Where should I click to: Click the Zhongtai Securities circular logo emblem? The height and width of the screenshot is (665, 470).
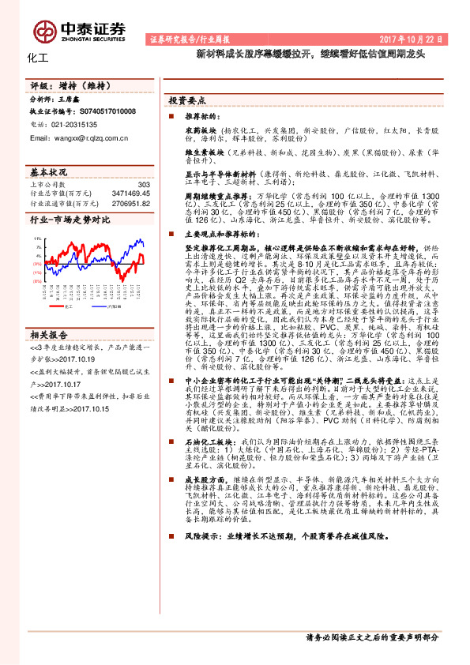coord(44,30)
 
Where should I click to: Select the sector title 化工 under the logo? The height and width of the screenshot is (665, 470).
coord(38,58)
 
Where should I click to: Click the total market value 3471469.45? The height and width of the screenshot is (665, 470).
coord(131,193)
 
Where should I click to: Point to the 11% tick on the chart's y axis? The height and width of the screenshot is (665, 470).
coord(38,237)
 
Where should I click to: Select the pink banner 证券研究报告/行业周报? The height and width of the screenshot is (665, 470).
coord(187,38)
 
